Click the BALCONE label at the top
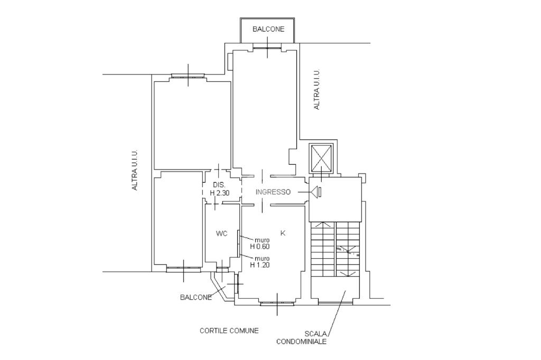(x=268, y=30)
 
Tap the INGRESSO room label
(x=273, y=192)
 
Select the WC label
(x=221, y=234)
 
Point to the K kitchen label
(x=283, y=233)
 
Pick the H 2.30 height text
(x=219, y=193)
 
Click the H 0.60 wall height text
(x=260, y=247)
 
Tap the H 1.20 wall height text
(x=260, y=265)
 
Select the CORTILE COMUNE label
(x=229, y=330)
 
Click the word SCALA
(x=315, y=334)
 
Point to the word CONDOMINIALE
(x=301, y=342)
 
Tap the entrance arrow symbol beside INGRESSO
(x=316, y=192)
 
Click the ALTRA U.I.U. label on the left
(x=135, y=169)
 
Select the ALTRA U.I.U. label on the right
(x=317, y=89)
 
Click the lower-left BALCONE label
(x=196, y=297)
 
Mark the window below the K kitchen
(x=277, y=304)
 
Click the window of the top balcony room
(x=268, y=46)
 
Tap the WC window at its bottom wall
(x=222, y=268)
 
